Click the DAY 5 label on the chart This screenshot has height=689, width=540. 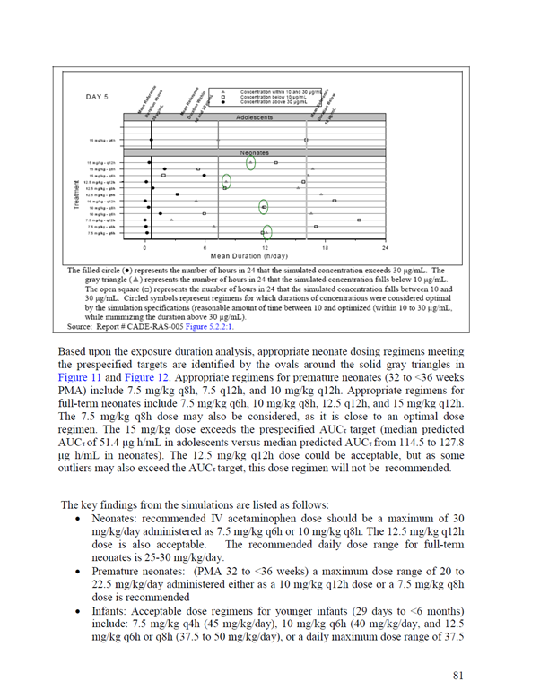(x=98, y=96)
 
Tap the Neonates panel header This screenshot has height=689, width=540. (x=260, y=153)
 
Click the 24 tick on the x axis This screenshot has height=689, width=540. (x=386, y=246)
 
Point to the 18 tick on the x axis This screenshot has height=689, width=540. (x=326, y=246)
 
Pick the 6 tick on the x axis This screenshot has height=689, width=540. (x=206, y=246)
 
